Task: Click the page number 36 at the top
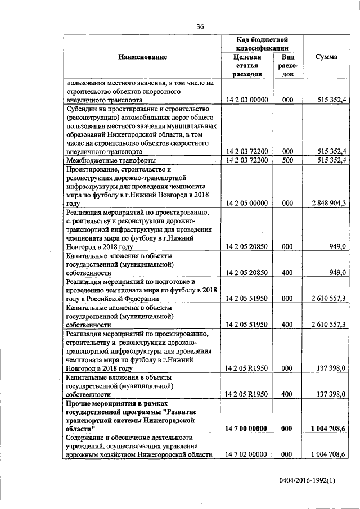(200, 26)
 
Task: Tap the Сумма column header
(326, 57)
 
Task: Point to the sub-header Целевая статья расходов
(247, 65)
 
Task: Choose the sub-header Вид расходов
(288, 65)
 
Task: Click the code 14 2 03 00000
(247, 100)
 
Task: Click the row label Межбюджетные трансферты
(104, 160)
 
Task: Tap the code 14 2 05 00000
(247, 203)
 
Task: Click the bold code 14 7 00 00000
(247, 428)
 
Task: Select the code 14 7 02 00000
(247, 454)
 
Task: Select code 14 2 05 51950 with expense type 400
(247, 325)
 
